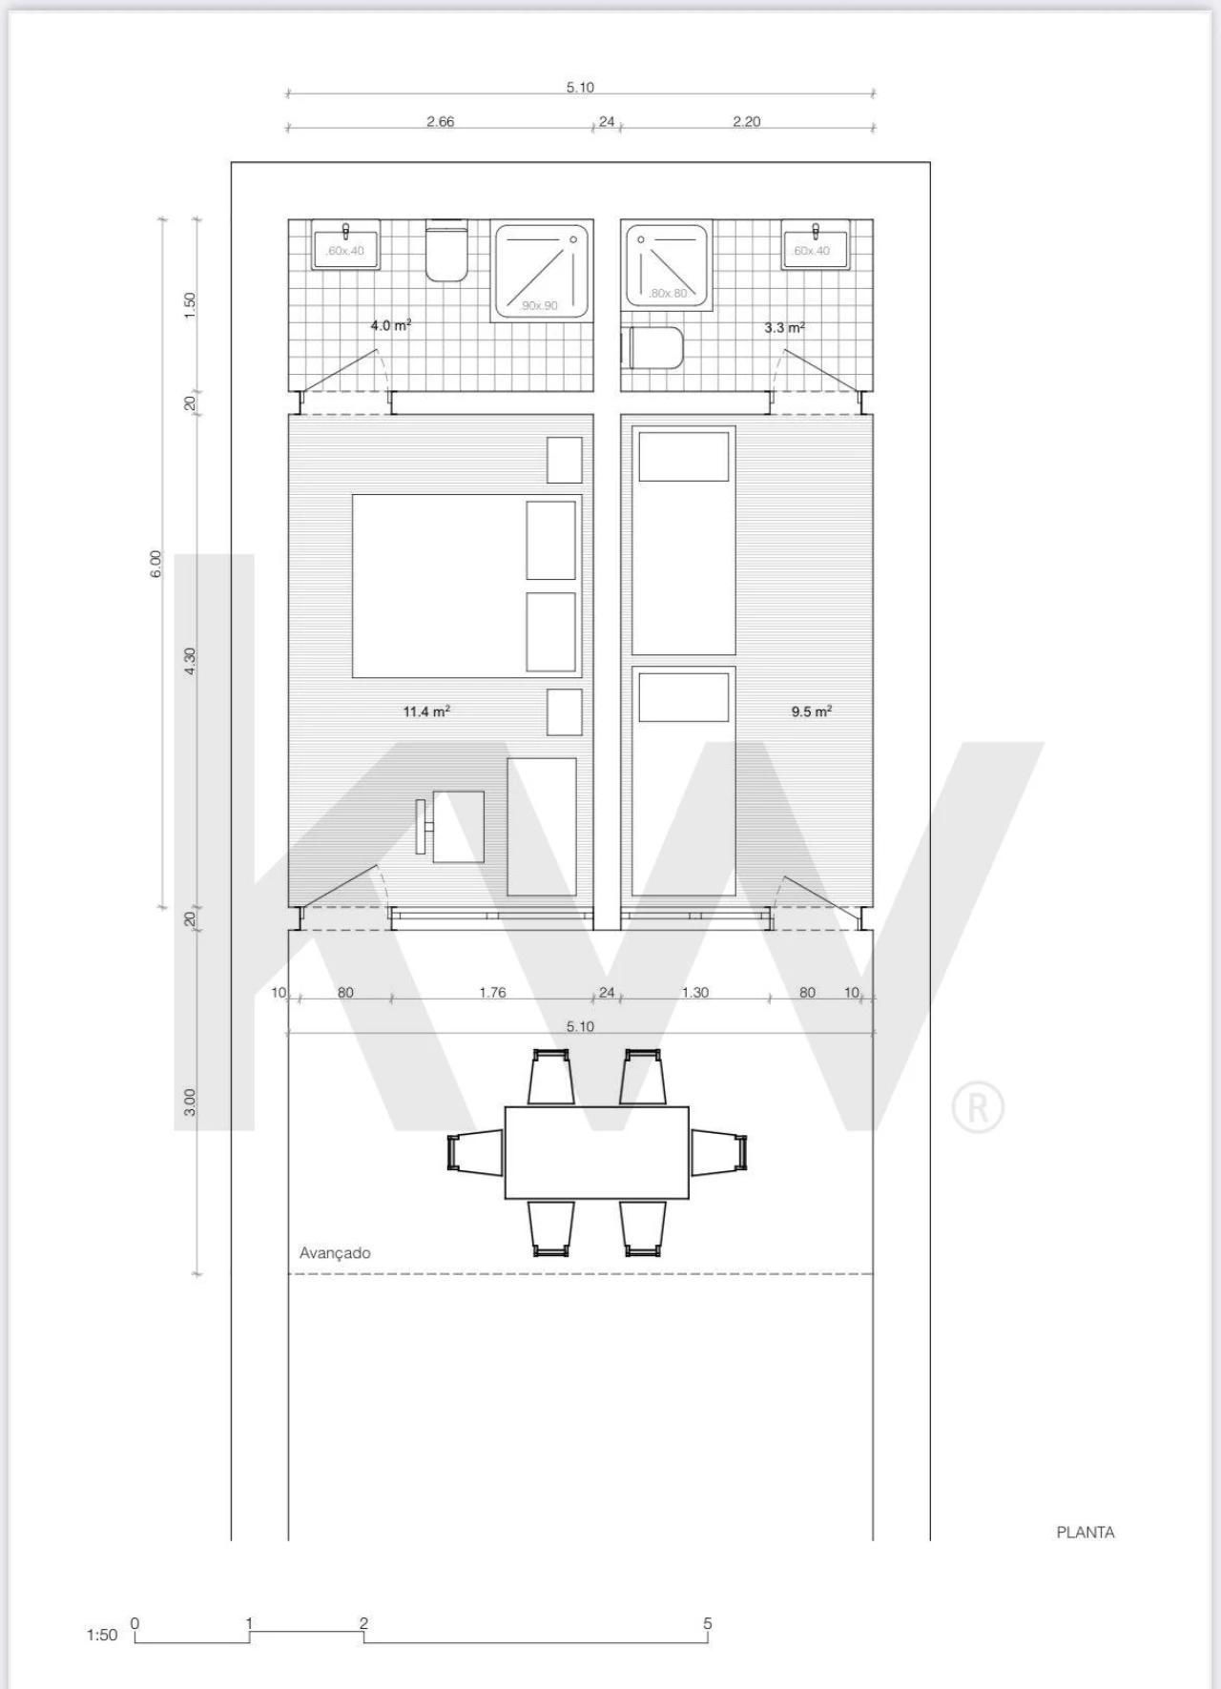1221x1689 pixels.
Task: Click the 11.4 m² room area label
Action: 426,711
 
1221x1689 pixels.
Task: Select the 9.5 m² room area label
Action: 812,711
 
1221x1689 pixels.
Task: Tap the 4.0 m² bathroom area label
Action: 391,325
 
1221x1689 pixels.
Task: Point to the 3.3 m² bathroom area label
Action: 785,327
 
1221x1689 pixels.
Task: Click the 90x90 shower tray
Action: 540,270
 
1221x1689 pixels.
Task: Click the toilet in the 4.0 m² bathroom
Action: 446,252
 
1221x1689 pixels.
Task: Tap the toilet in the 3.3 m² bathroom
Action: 652,348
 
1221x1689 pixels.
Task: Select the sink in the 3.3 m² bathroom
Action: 815,246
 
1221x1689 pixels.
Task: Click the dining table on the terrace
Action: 597,1152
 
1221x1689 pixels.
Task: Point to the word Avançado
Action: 335,1253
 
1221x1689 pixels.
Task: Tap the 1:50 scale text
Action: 102,1635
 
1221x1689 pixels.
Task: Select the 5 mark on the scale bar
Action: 708,1623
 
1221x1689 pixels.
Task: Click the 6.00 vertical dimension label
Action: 155,564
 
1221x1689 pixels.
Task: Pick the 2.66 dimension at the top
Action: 441,121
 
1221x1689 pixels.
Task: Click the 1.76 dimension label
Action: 492,993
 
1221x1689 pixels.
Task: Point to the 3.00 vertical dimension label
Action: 190,1102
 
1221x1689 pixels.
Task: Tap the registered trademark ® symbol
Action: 978,1107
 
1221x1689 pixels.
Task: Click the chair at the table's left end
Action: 475,1152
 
